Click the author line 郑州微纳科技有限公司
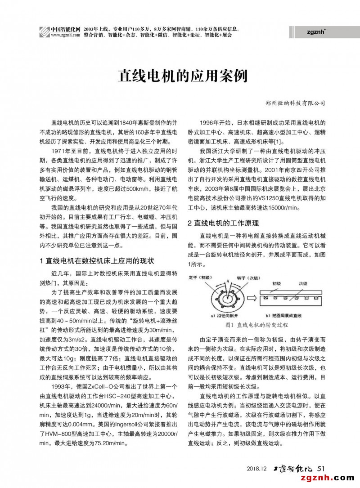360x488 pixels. (x=295, y=103)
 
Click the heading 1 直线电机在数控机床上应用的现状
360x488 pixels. (x=97, y=260)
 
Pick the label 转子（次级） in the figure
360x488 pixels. (x=245, y=278)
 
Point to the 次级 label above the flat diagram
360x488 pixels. (x=305, y=284)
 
